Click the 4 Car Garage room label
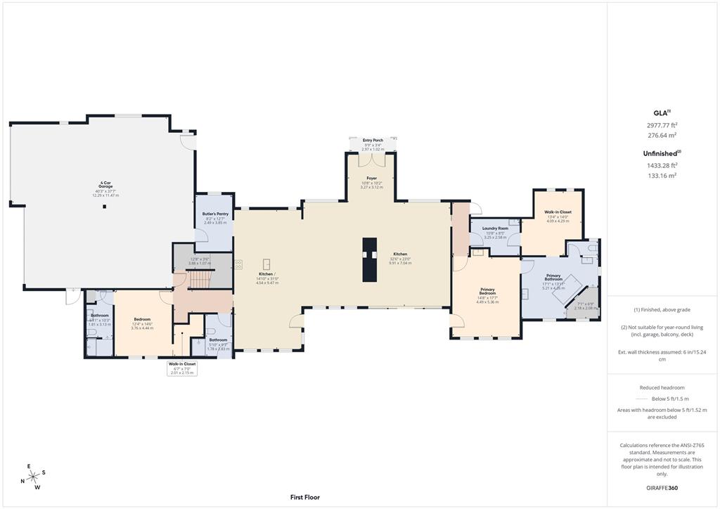[103, 184]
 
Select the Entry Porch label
[373, 141]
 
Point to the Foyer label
[373, 179]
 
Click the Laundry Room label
[495, 228]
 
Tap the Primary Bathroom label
[553, 278]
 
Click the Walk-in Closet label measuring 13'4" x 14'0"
[558, 212]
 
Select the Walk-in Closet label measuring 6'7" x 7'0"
[182, 363]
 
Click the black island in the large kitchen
[370, 259]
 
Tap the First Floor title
[304, 497]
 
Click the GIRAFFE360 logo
[663, 487]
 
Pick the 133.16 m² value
[663, 176]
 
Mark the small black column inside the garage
[104, 207]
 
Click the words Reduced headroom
[662, 387]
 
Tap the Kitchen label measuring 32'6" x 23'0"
[400, 254]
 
